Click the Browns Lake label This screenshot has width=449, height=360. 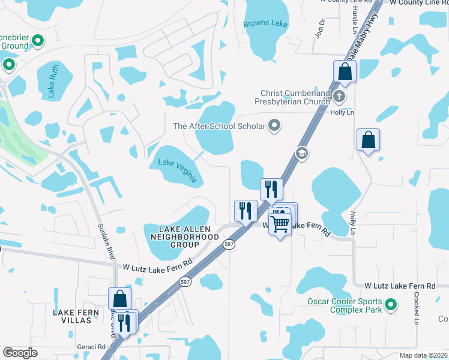pos(265,25)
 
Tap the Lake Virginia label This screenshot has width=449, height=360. pos(177,166)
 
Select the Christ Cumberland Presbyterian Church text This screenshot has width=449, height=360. pos(295,97)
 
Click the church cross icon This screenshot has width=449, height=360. pos(339,96)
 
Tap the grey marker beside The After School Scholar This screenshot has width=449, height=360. pos(275,126)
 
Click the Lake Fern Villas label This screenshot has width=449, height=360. pos(80,316)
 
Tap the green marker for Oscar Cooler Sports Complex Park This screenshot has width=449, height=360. pos(391,305)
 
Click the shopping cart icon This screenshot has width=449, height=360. pos(280,224)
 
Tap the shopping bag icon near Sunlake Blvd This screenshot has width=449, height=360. pos(119,298)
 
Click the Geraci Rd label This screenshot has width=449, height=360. pos(91,347)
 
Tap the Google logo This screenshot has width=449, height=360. pos(20,353)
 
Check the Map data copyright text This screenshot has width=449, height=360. pos(424,355)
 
